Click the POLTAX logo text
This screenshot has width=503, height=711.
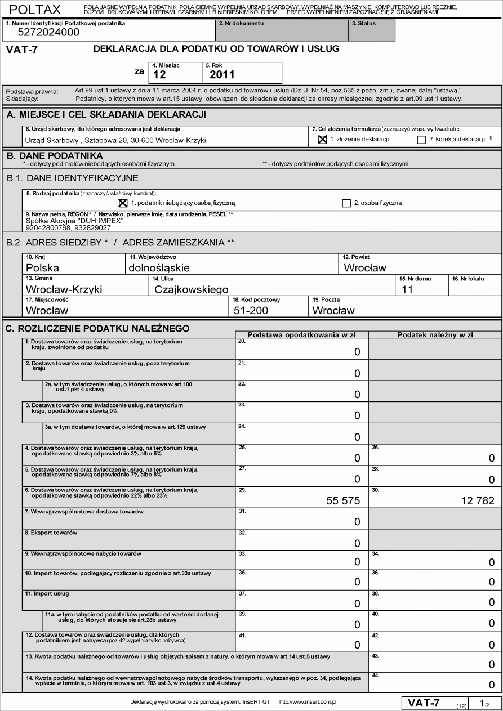click(35, 10)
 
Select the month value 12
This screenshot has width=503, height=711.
click(159, 74)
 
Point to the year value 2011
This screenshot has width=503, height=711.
click(222, 74)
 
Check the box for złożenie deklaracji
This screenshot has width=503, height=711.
click(323, 140)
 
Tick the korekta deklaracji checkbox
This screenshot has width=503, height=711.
click(421, 140)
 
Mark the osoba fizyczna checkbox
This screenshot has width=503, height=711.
click(346, 203)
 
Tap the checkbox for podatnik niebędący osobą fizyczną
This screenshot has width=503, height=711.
click(123, 203)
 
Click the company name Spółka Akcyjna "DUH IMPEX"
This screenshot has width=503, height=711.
click(74, 221)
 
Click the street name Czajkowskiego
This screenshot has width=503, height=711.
click(191, 289)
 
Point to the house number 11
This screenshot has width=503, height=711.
click(407, 289)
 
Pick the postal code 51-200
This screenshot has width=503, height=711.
click(251, 310)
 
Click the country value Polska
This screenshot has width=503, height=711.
click(42, 268)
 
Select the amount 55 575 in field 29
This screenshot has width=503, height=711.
click(344, 500)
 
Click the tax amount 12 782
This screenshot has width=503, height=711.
click(477, 500)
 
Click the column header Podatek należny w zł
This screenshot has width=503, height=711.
click(435, 334)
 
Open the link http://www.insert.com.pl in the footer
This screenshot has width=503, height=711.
click(308, 702)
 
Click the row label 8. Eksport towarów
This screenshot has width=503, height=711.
click(51, 533)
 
